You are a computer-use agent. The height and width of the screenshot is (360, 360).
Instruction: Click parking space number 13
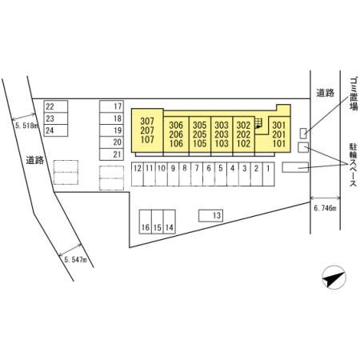(x=210, y=215)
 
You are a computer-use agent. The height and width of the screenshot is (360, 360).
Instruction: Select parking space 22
(x=56, y=106)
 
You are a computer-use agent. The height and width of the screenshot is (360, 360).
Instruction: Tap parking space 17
(x=111, y=106)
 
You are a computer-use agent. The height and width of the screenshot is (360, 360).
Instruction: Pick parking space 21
(x=111, y=154)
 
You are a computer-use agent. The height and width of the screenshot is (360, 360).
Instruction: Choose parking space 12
(x=138, y=174)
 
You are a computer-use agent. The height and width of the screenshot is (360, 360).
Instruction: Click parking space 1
(x=269, y=174)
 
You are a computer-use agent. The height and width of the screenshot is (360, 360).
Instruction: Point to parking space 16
(x=146, y=222)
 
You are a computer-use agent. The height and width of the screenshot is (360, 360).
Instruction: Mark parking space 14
(x=170, y=222)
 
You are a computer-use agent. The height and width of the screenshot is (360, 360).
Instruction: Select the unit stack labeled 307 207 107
(x=147, y=130)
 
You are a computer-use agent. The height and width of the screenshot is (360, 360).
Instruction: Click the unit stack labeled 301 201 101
(x=279, y=134)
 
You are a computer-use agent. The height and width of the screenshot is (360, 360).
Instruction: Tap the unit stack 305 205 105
(x=200, y=134)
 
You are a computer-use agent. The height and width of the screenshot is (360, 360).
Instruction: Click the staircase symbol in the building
(x=258, y=123)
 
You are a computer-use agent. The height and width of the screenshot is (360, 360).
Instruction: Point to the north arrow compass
(x=334, y=278)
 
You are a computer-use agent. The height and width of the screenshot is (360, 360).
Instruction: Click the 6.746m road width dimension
(x=326, y=208)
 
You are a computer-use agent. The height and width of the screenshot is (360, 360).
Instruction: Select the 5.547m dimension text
(x=76, y=259)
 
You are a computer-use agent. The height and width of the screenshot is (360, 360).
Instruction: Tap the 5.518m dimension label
(x=26, y=126)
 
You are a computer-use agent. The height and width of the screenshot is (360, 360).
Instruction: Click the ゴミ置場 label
(x=354, y=94)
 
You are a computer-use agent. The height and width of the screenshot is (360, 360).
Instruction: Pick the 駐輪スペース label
(x=353, y=165)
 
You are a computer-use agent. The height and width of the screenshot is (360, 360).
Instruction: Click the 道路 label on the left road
(x=35, y=160)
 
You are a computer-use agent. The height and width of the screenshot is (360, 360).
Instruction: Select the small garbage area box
(x=303, y=133)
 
